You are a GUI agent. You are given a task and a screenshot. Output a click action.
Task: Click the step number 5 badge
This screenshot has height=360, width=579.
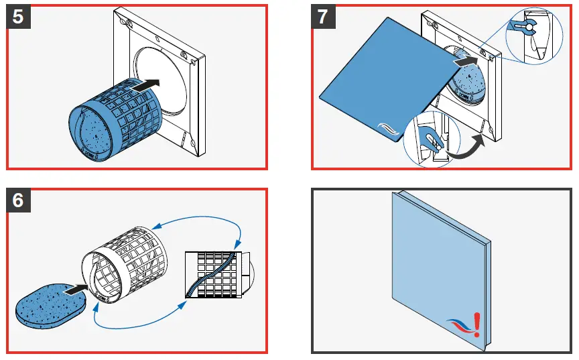tap(18, 16)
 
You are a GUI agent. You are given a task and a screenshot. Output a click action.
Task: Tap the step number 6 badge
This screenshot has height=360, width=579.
tap(18, 200)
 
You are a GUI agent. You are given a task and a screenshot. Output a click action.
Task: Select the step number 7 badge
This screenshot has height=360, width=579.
tap(324, 16)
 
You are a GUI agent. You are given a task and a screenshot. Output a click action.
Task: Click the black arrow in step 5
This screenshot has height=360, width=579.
tap(145, 84)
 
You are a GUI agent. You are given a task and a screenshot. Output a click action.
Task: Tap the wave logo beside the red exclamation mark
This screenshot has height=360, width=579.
tap(460, 326)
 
